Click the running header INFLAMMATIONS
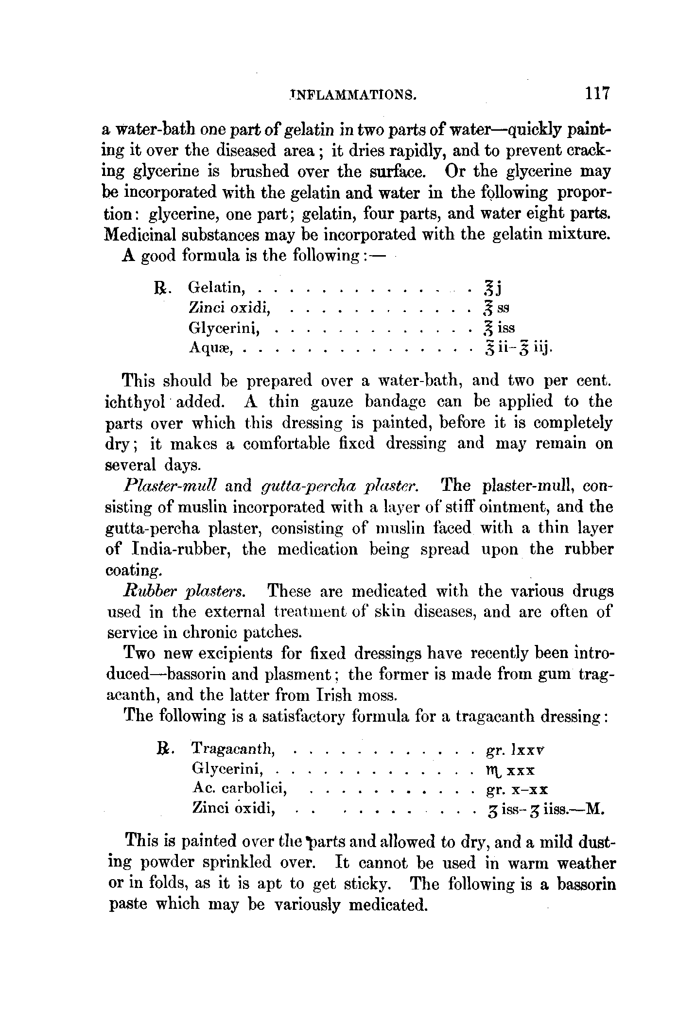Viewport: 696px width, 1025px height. coord(352,94)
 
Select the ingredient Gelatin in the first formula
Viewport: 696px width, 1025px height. coord(215,288)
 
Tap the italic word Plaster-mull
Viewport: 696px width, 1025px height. coord(170,485)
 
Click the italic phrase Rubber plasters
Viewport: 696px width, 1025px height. coord(184,591)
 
